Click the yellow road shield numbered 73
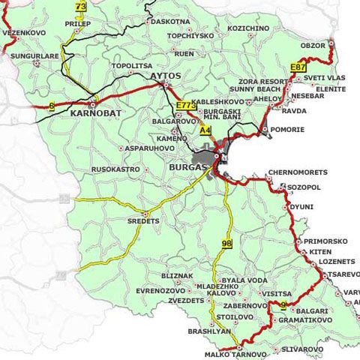(x=81, y=7)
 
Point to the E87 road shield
(x=298, y=67)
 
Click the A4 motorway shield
(x=205, y=130)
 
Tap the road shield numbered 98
(x=225, y=244)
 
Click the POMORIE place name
(x=289, y=130)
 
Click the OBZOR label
(x=313, y=46)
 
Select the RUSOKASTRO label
(x=115, y=169)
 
